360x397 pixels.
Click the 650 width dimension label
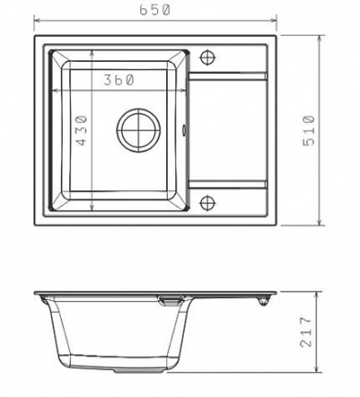pyautogui.click(x=155, y=10)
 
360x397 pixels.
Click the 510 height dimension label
pyautogui.click(x=309, y=130)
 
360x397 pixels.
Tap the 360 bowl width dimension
pyautogui.click(x=118, y=80)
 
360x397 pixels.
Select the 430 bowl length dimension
pyautogui.click(x=81, y=130)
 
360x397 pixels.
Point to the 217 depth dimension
pyautogui.click(x=306, y=331)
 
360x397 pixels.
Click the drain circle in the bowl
pyautogui.click(x=138, y=130)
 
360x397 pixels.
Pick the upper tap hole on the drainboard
pyautogui.click(x=208, y=57)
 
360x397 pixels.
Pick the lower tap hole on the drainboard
pyautogui.click(x=208, y=203)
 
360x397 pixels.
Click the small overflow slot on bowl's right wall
pyautogui.click(x=184, y=130)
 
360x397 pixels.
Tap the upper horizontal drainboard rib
pyautogui.click(x=227, y=77)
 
